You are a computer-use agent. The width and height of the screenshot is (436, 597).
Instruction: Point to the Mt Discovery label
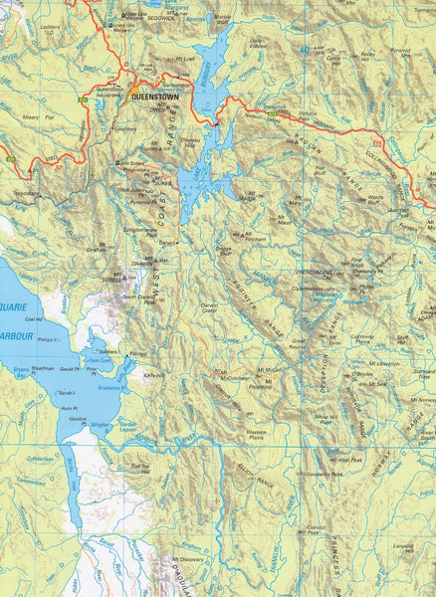187,560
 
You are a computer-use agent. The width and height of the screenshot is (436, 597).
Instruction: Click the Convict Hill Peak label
318,529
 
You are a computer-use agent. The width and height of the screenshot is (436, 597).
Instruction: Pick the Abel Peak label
349,461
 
